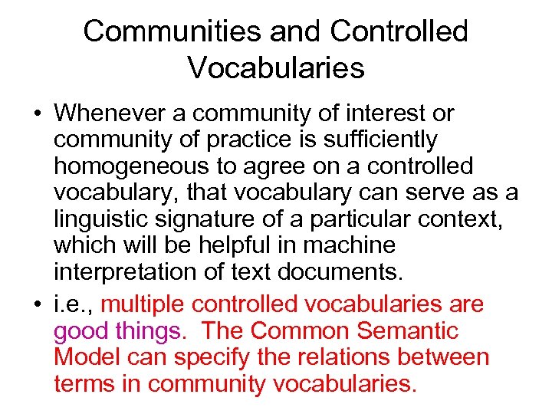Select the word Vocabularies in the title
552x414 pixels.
tap(276, 68)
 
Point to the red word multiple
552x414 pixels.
tap(143, 304)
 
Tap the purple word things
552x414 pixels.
tap(152, 331)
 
